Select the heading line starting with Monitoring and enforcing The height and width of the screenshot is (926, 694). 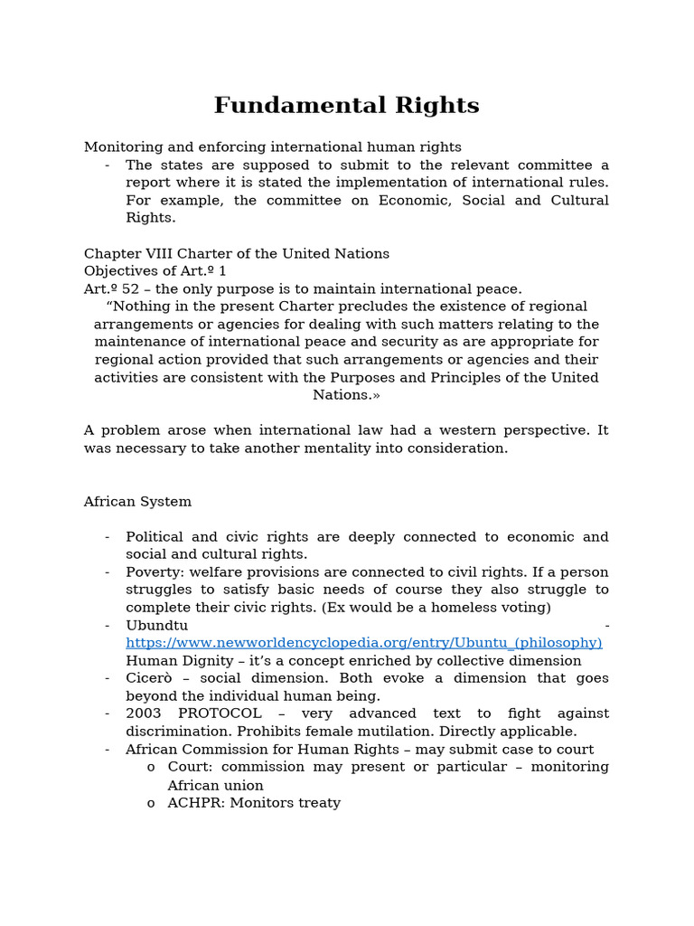[x=272, y=146]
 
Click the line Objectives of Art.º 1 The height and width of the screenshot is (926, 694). [x=155, y=270]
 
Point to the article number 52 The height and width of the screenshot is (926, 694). [x=131, y=288]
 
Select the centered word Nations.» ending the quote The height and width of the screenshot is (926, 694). [x=346, y=394]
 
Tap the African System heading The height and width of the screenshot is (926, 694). [x=137, y=501]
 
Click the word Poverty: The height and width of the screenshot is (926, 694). [x=155, y=572]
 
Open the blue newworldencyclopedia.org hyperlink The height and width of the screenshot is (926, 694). [x=363, y=642]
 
